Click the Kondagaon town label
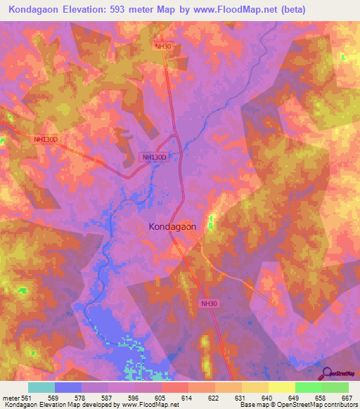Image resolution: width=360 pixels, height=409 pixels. tap(172, 227)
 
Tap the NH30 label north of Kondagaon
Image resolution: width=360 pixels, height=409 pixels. tap(163, 46)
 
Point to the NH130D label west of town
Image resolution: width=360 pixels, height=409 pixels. tap(45, 139)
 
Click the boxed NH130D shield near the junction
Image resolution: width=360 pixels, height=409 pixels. tap(155, 157)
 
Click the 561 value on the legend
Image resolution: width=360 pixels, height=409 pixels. tap(25, 398)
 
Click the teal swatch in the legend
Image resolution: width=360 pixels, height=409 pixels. tap(41, 387)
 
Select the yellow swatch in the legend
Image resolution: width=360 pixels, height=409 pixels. tap(281, 387)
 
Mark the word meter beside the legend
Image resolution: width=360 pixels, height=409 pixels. tap(9, 398)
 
